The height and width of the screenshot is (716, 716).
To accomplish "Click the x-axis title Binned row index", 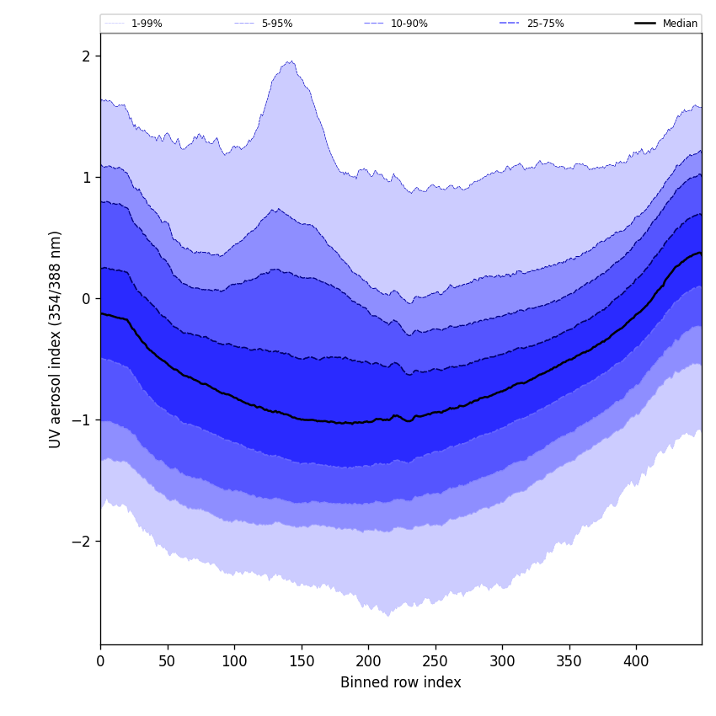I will point(401,682).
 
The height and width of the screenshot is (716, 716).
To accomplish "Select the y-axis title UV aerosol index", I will point(56,339).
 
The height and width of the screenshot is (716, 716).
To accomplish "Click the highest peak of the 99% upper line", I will point(291,61).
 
